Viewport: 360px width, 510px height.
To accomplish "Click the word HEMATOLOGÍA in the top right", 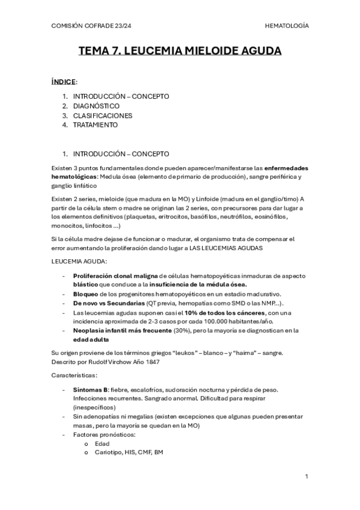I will (x=287, y=26).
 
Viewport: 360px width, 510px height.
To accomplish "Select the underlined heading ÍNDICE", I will (x=64, y=81).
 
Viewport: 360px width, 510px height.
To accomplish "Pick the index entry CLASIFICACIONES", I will (x=103, y=115).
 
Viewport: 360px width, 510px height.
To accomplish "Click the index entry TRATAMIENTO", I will (x=96, y=125).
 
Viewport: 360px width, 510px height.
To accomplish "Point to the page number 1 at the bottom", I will (x=307, y=476).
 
